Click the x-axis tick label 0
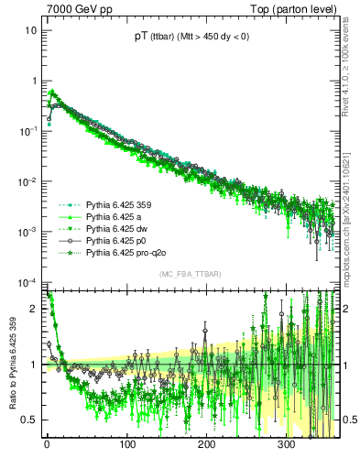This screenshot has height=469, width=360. [48, 446]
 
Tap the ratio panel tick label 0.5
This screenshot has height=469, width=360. [30, 420]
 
